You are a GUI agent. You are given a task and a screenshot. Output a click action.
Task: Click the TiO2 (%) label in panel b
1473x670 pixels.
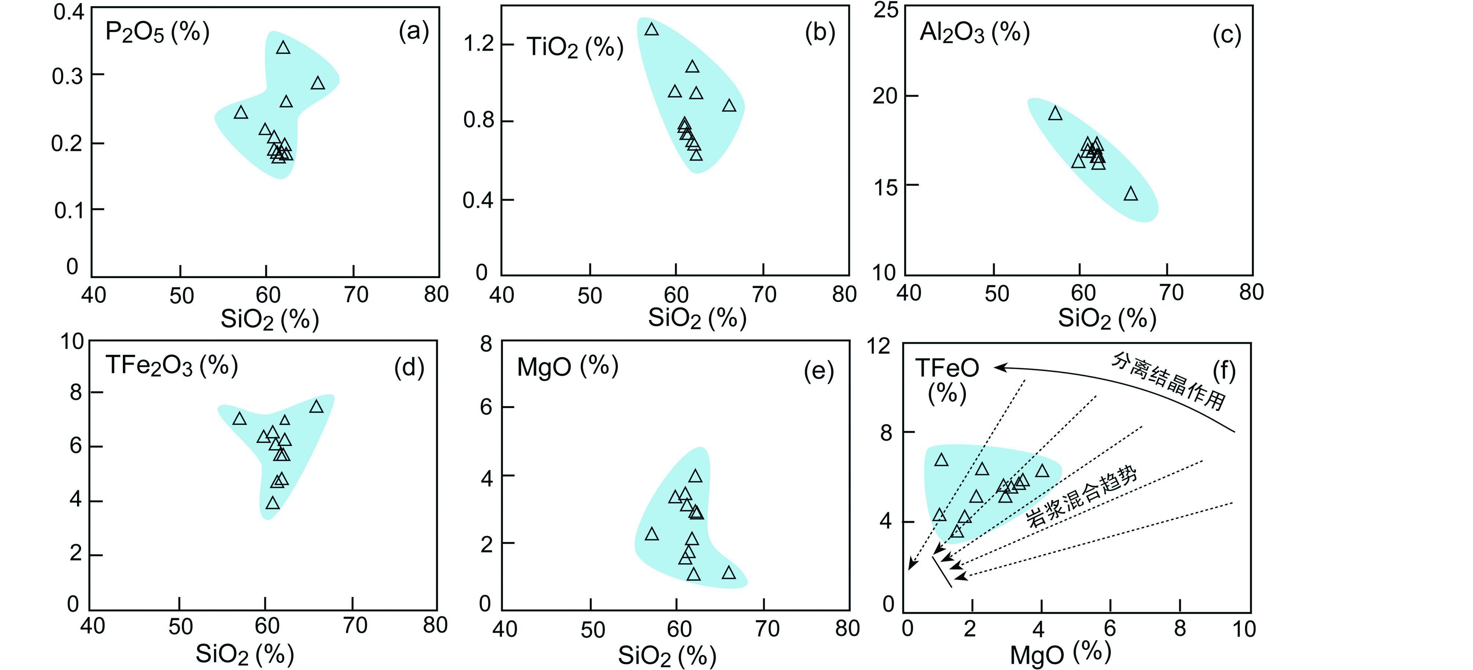[575, 47]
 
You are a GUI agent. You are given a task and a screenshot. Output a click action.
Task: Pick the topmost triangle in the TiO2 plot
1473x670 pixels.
[651, 30]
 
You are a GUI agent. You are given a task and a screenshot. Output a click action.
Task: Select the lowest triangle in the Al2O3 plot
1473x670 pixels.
[1130, 194]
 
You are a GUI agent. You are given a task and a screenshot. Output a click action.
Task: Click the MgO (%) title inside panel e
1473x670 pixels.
[567, 366]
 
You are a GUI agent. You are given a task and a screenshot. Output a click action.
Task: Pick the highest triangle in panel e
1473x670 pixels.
[695, 476]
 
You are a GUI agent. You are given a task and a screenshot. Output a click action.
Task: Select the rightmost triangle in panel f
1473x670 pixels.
[1042, 471]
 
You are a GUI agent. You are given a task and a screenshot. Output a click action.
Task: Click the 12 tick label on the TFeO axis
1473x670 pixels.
[878, 346]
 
